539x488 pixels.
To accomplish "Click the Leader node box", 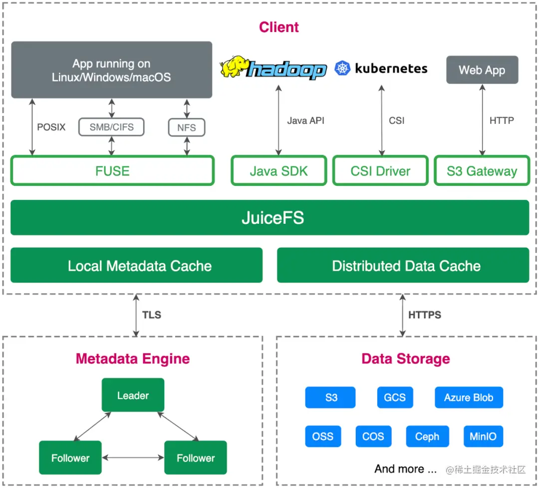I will point(133,395).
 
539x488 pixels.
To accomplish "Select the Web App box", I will point(482,70).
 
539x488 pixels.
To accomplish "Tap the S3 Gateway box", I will point(482,171).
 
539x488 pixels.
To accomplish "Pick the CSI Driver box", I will point(380,171).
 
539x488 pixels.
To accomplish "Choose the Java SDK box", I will point(278,171).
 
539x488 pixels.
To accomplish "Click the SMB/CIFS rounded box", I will point(111,127).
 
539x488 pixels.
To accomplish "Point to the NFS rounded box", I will point(187,127).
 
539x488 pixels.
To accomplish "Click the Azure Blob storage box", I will point(469,398).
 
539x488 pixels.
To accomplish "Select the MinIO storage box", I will point(483,436).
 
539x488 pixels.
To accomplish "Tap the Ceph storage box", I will point(427,436).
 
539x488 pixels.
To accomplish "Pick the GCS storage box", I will point(395,398).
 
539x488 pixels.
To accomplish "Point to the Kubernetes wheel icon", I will point(343,68).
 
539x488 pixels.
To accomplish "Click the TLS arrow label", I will point(152,315).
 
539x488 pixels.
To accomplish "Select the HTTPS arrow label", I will point(425,315).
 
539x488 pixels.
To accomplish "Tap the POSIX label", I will point(51,127).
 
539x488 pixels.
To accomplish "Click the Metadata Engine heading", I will point(133,359).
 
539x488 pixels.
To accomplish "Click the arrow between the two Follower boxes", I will point(133,457).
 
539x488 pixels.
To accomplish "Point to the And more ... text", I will point(405,469).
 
